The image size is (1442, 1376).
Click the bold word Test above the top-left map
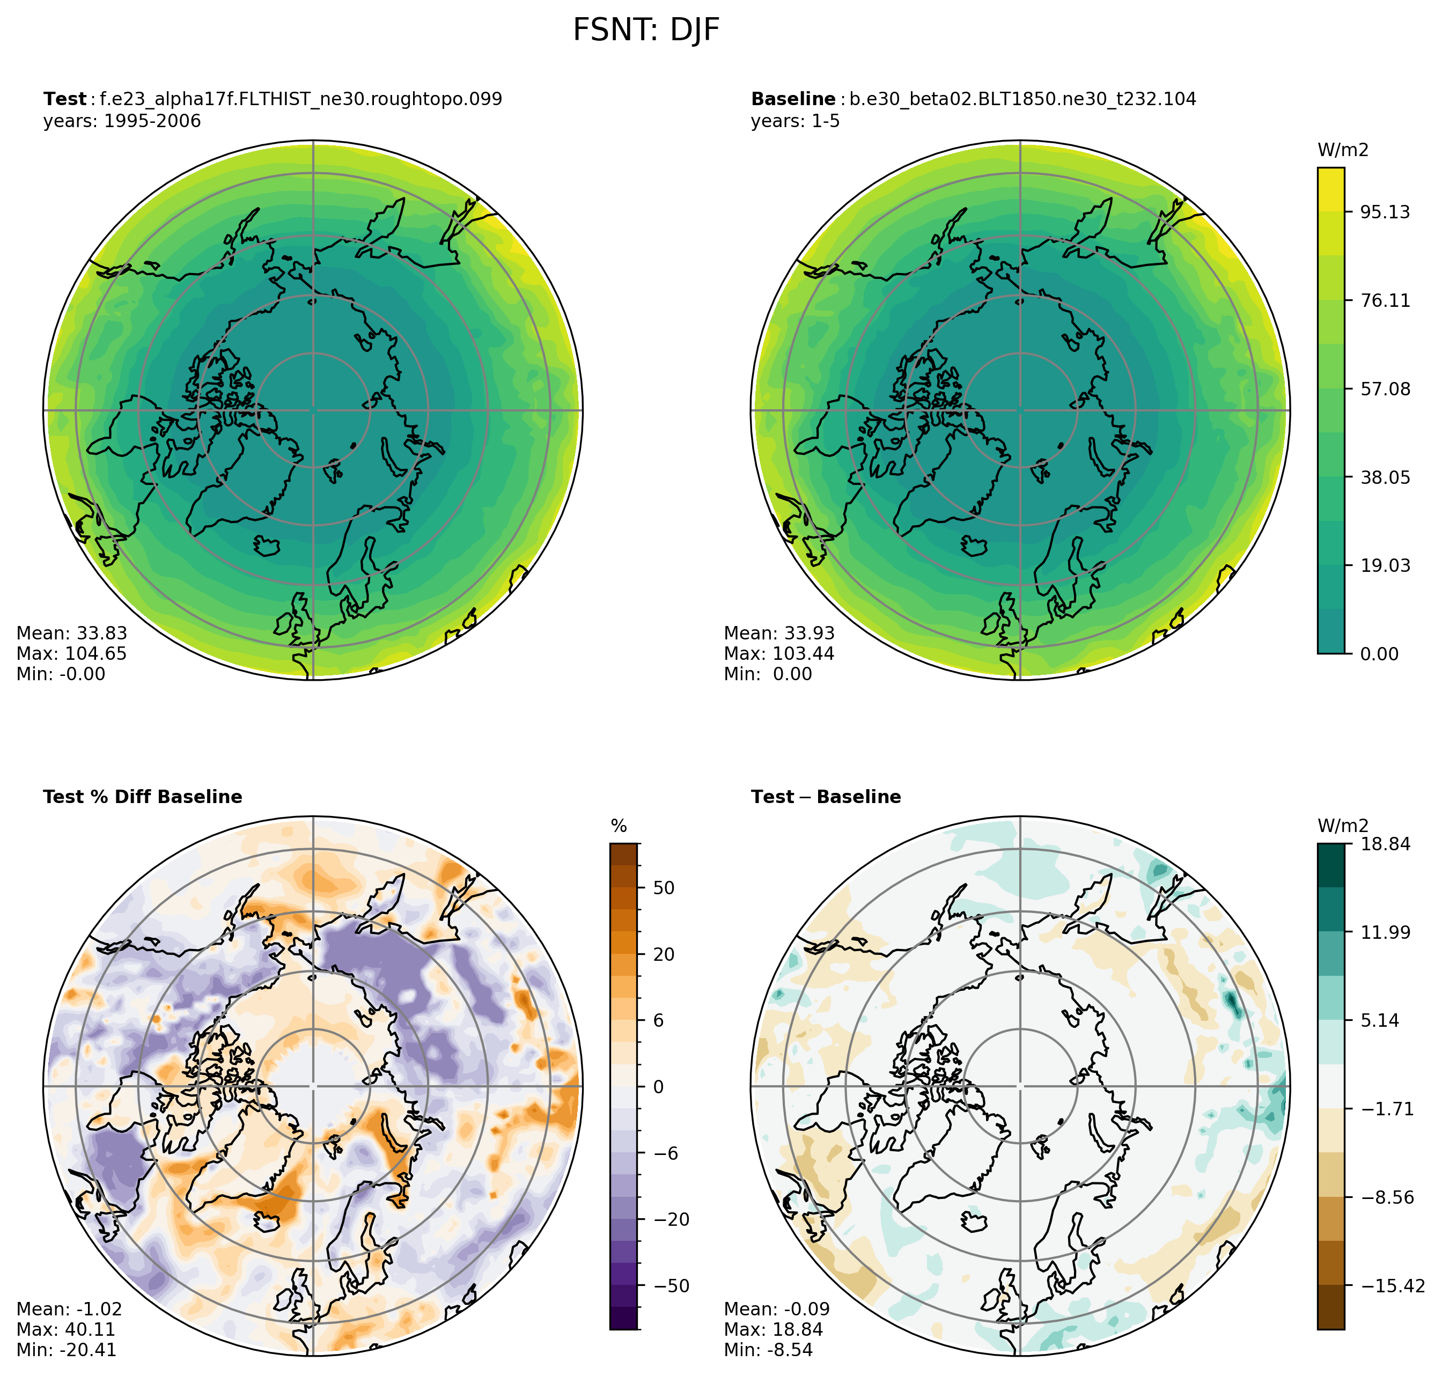pyautogui.click(x=64, y=99)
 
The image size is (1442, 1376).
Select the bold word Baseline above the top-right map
pyautogui.click(x=793, y=99)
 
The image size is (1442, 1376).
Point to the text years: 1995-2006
pyautogui.click(x=122, y=121)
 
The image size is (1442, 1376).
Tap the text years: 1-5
pyautogui.click(x=795, y=121)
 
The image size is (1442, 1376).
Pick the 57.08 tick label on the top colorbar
pyautogui.click(x=1385, y=389)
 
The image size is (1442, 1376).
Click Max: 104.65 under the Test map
pyautogui.click(x=71, y=653)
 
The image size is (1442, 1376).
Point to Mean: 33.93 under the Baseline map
pyautogui.click(x=779, y=633)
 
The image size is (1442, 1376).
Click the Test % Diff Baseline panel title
pyautogui.click(x=142, y=797)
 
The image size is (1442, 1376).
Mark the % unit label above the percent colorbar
pyautogui.click(x=619, y=827)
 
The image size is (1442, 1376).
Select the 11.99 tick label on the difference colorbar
pyautogui.click(x=1385, y=933)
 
